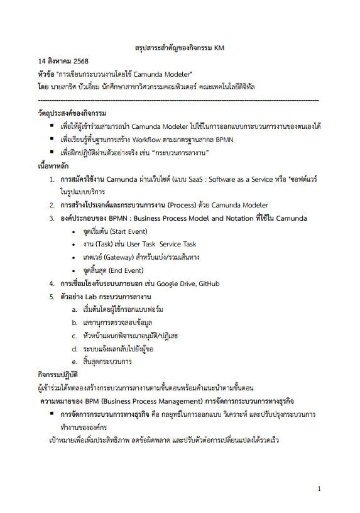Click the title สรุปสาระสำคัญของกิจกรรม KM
[180, 47]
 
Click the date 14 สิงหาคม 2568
[64, 61]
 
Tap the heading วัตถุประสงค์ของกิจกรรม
[72, 113]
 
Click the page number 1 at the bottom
[319, 488]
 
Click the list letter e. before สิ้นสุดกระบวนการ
[74, 362]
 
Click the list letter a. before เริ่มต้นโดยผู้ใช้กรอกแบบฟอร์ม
[74, 310]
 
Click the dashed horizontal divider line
[178, 101]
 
